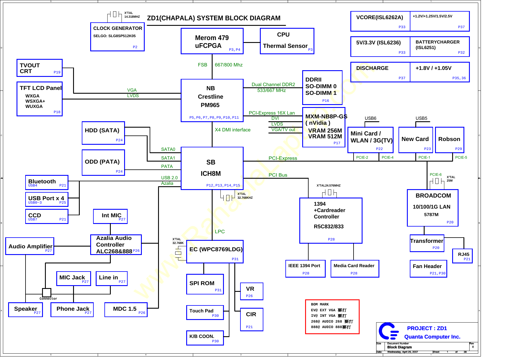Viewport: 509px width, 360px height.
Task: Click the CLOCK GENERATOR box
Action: (x=117, y=37)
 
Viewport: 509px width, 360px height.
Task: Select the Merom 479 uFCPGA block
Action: (x=212, y=41)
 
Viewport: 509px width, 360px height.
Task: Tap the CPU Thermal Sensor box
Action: (x=287, y=41)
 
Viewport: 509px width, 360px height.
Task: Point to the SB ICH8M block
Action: (x=212, y=168)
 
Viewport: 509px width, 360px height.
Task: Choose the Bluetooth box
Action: (x=47, y=182)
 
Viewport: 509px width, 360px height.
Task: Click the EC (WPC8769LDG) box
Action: (x=215, y=252)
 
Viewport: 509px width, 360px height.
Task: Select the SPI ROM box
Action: (x=205, y=284)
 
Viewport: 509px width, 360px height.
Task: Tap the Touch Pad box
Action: (x=205, y=312)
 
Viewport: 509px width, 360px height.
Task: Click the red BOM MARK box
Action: (x=332, y=317)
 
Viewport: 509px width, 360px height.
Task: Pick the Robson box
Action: (x=449, y=140)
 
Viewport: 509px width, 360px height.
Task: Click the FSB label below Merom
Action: (x=202, y=65)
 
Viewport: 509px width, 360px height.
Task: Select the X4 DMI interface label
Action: (x=233, y=130)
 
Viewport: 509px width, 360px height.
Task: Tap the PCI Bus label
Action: (x=278, y=175)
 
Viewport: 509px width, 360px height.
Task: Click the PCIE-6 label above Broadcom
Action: (x=435, y=175)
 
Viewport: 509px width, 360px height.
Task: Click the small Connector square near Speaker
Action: (x=47, y=292)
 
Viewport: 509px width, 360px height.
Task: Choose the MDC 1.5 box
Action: (x=126, y=310)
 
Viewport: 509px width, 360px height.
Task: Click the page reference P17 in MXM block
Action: (x=337, y=143)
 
